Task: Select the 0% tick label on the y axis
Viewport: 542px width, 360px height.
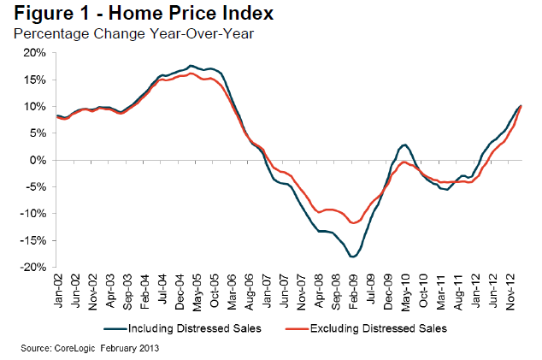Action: click(39, 160)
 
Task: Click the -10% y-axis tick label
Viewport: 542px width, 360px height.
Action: click(34, 214)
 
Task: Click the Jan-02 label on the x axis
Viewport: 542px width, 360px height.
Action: click(59, 291)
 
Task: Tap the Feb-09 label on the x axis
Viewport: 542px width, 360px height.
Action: click(351, 291)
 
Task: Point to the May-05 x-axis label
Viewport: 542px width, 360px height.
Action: click(197, 291)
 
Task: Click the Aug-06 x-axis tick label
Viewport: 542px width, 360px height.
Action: click(248, 291)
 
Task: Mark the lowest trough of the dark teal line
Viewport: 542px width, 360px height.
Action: click(351, 257)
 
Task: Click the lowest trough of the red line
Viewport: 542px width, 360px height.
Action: click(352, 223)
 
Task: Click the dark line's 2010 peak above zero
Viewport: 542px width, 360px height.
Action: click(404, 145)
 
